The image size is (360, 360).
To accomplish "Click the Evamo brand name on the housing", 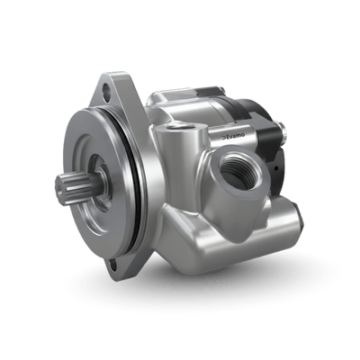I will [245, 135].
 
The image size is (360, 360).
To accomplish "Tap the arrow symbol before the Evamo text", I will [229, 132].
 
